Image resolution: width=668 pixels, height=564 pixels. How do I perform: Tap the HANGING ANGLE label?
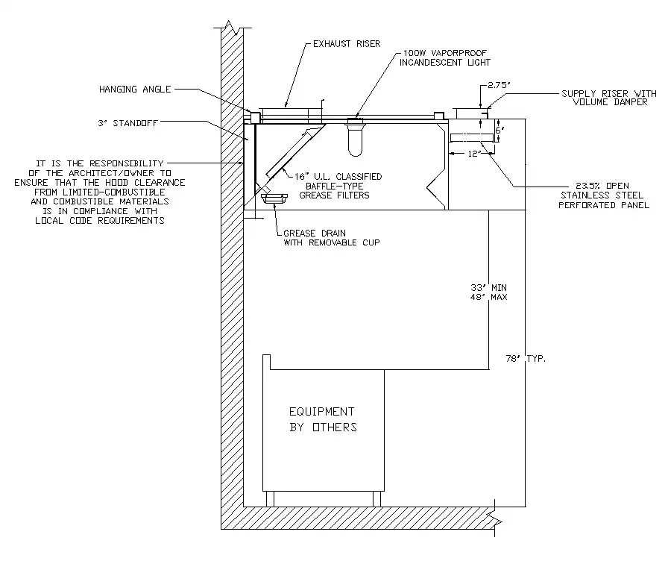pyautogui.click(x=135, y=90)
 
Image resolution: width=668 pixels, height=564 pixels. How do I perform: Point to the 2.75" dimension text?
pyautogui.click(x=497, y=86)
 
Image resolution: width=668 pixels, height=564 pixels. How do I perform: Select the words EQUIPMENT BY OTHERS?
pyautogui.click(x=322, y=419)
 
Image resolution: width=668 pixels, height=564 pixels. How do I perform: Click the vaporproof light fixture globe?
pyautogui.click(x=356, y=140)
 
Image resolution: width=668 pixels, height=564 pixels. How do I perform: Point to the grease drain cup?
pyautogui.click(x=275, y=197)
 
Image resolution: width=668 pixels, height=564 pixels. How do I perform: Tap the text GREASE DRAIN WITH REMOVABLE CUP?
pyautogui.click(x=327, y=237)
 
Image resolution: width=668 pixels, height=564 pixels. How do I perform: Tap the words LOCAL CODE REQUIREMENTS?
pyautogui.click(x=99, y=221)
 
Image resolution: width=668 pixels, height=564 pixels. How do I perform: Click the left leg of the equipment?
pyautogui.click(x=270, y=498)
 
